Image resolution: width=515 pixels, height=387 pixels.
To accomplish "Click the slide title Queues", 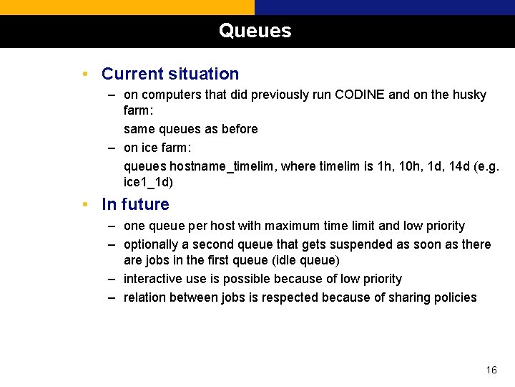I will coord(255,31).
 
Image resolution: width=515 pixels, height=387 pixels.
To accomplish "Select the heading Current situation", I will coord(170,74).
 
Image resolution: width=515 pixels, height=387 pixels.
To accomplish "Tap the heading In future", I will coord(135,204).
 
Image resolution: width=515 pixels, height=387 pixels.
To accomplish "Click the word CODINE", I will coord(360,95).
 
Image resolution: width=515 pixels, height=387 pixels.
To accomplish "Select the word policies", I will coord(453,297).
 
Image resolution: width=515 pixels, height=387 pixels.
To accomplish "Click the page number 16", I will coord(491,370).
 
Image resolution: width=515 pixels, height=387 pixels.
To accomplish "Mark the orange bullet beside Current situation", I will coord(85,75).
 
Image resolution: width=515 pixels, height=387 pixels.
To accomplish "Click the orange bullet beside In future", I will coord(85,205).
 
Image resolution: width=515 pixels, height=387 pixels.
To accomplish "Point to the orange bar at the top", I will coord(127,7).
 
